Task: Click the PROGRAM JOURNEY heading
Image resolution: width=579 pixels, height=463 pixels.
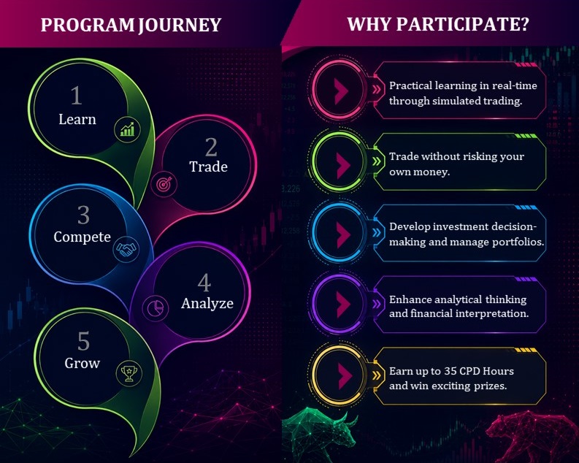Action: [131, 25]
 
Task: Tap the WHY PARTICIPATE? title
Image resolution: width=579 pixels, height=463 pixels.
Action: [438, 24]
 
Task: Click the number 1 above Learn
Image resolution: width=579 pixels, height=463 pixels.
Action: [76, 95]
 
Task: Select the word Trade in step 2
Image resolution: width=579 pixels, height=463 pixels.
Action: [208, 167]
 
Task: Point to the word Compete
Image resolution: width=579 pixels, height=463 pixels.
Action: [82, 237]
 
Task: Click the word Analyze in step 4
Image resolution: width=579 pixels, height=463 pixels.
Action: [207, 304]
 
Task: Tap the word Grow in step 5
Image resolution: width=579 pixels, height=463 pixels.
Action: [82, 363]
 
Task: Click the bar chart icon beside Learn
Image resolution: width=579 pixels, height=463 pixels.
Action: [127, 129]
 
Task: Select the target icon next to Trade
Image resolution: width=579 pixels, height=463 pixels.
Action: [164, 184]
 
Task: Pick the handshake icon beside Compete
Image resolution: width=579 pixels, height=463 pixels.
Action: [126, 249]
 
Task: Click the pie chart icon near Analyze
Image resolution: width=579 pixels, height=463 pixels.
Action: [156, 308]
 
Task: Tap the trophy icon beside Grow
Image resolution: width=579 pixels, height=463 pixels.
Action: [129, 373]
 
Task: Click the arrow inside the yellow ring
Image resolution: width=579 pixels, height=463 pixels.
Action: [343, 375]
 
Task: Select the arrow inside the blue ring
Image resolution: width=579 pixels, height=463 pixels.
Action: [343, 234]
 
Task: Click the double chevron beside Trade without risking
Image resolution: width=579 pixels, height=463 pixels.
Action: [377, 161]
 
